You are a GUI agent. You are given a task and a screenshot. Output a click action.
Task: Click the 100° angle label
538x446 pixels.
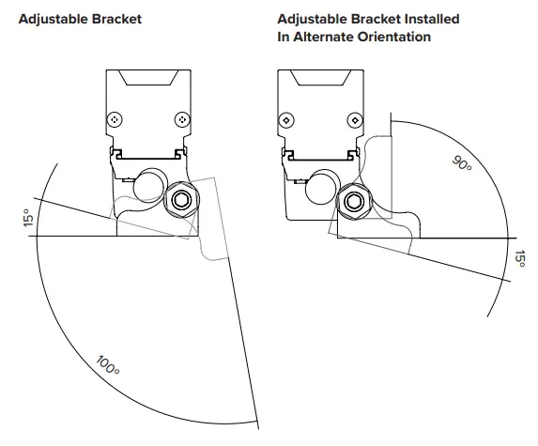108,366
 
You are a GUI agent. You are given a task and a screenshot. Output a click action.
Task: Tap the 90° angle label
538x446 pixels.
462,163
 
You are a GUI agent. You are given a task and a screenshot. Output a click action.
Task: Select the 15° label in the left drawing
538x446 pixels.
29,218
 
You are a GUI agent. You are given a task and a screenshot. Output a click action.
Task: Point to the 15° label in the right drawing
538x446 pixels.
520,259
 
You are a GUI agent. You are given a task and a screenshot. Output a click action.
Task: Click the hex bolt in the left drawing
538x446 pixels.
181,199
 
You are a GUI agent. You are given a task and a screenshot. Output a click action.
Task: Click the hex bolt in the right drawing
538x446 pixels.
354,201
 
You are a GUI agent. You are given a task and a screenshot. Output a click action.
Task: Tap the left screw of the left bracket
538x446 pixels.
115,120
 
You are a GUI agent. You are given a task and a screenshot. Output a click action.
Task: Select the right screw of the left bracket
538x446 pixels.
182,120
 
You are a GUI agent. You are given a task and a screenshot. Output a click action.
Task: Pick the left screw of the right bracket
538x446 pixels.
286,120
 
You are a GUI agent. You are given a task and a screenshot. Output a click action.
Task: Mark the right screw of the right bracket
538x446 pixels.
355,120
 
